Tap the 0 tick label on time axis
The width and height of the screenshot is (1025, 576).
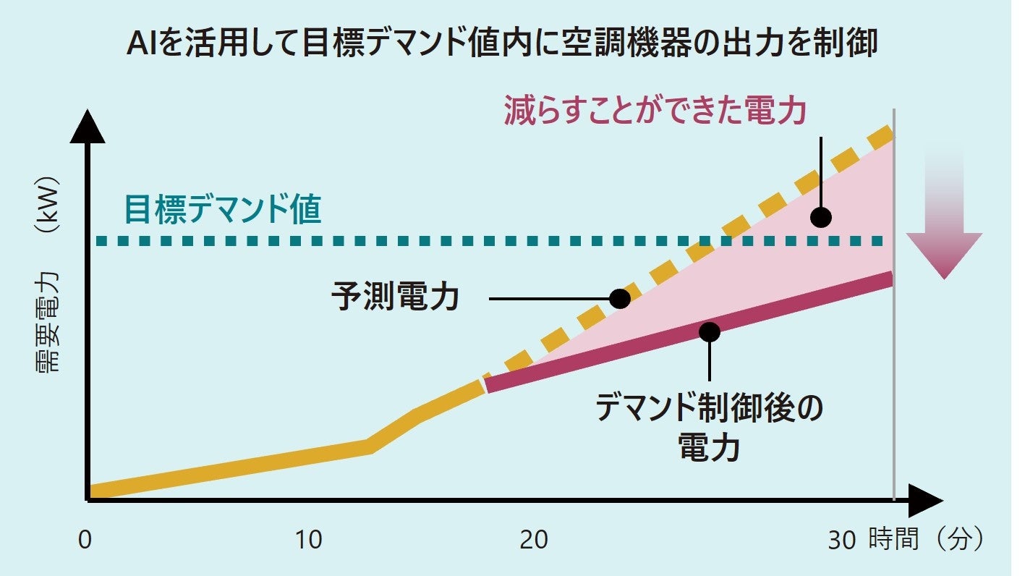(x=85, y=541)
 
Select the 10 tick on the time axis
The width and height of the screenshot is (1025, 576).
(x=310, y=541)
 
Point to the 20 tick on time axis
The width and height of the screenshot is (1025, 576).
(x=533, y=541)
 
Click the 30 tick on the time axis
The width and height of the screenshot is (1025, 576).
(x=842, y=541)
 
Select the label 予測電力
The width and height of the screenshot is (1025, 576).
(x=396, y=297)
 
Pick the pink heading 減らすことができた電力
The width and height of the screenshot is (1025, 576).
(x=655, y=111)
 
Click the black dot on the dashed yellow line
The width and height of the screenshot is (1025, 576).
(x=619, y=298)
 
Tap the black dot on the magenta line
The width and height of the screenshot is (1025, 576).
(x=710, y=331)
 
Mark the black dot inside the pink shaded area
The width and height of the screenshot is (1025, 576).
(x=820, y=216)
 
